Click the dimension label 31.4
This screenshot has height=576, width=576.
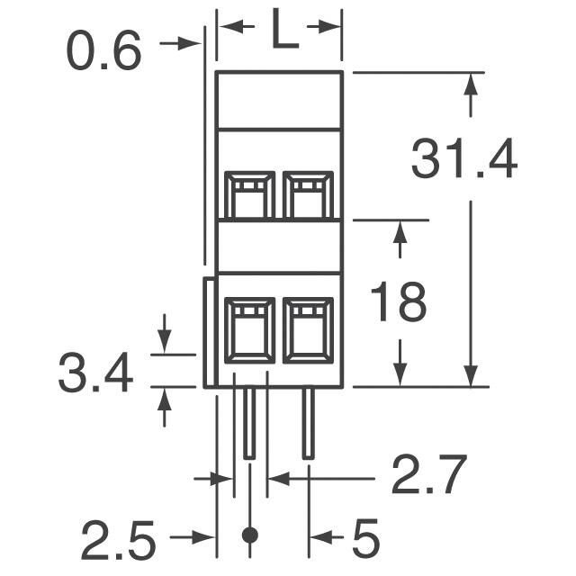(x=463, y=161)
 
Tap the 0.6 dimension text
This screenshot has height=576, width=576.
(x=104, y=52)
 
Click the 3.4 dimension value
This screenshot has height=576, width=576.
(x=95, y=373)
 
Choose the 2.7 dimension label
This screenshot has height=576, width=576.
(x=428, y=478)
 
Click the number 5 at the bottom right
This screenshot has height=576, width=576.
(x=364, y=540)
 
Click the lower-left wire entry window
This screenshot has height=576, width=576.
(x=249, y=331)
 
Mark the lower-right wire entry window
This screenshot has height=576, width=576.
(x=309, y=331)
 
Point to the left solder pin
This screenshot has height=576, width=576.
(x=249, y=423)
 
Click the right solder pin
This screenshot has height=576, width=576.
(x=309, y=423)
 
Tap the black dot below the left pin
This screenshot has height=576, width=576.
(x=250, y=535)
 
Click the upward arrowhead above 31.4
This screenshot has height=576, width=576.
(x=471, y=85)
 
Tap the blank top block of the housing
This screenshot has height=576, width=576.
(x=279, y=100)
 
